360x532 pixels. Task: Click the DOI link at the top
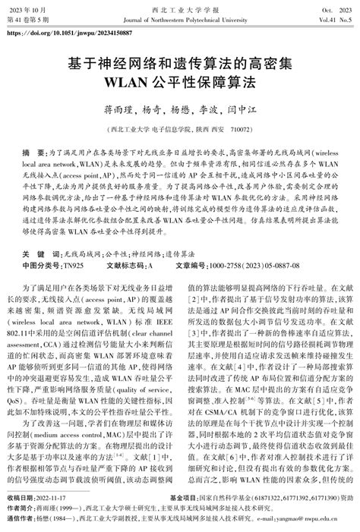[x=68, y=34]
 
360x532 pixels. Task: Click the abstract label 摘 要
[x=34, y=153]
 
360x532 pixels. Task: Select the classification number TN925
[x=71, y=244]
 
